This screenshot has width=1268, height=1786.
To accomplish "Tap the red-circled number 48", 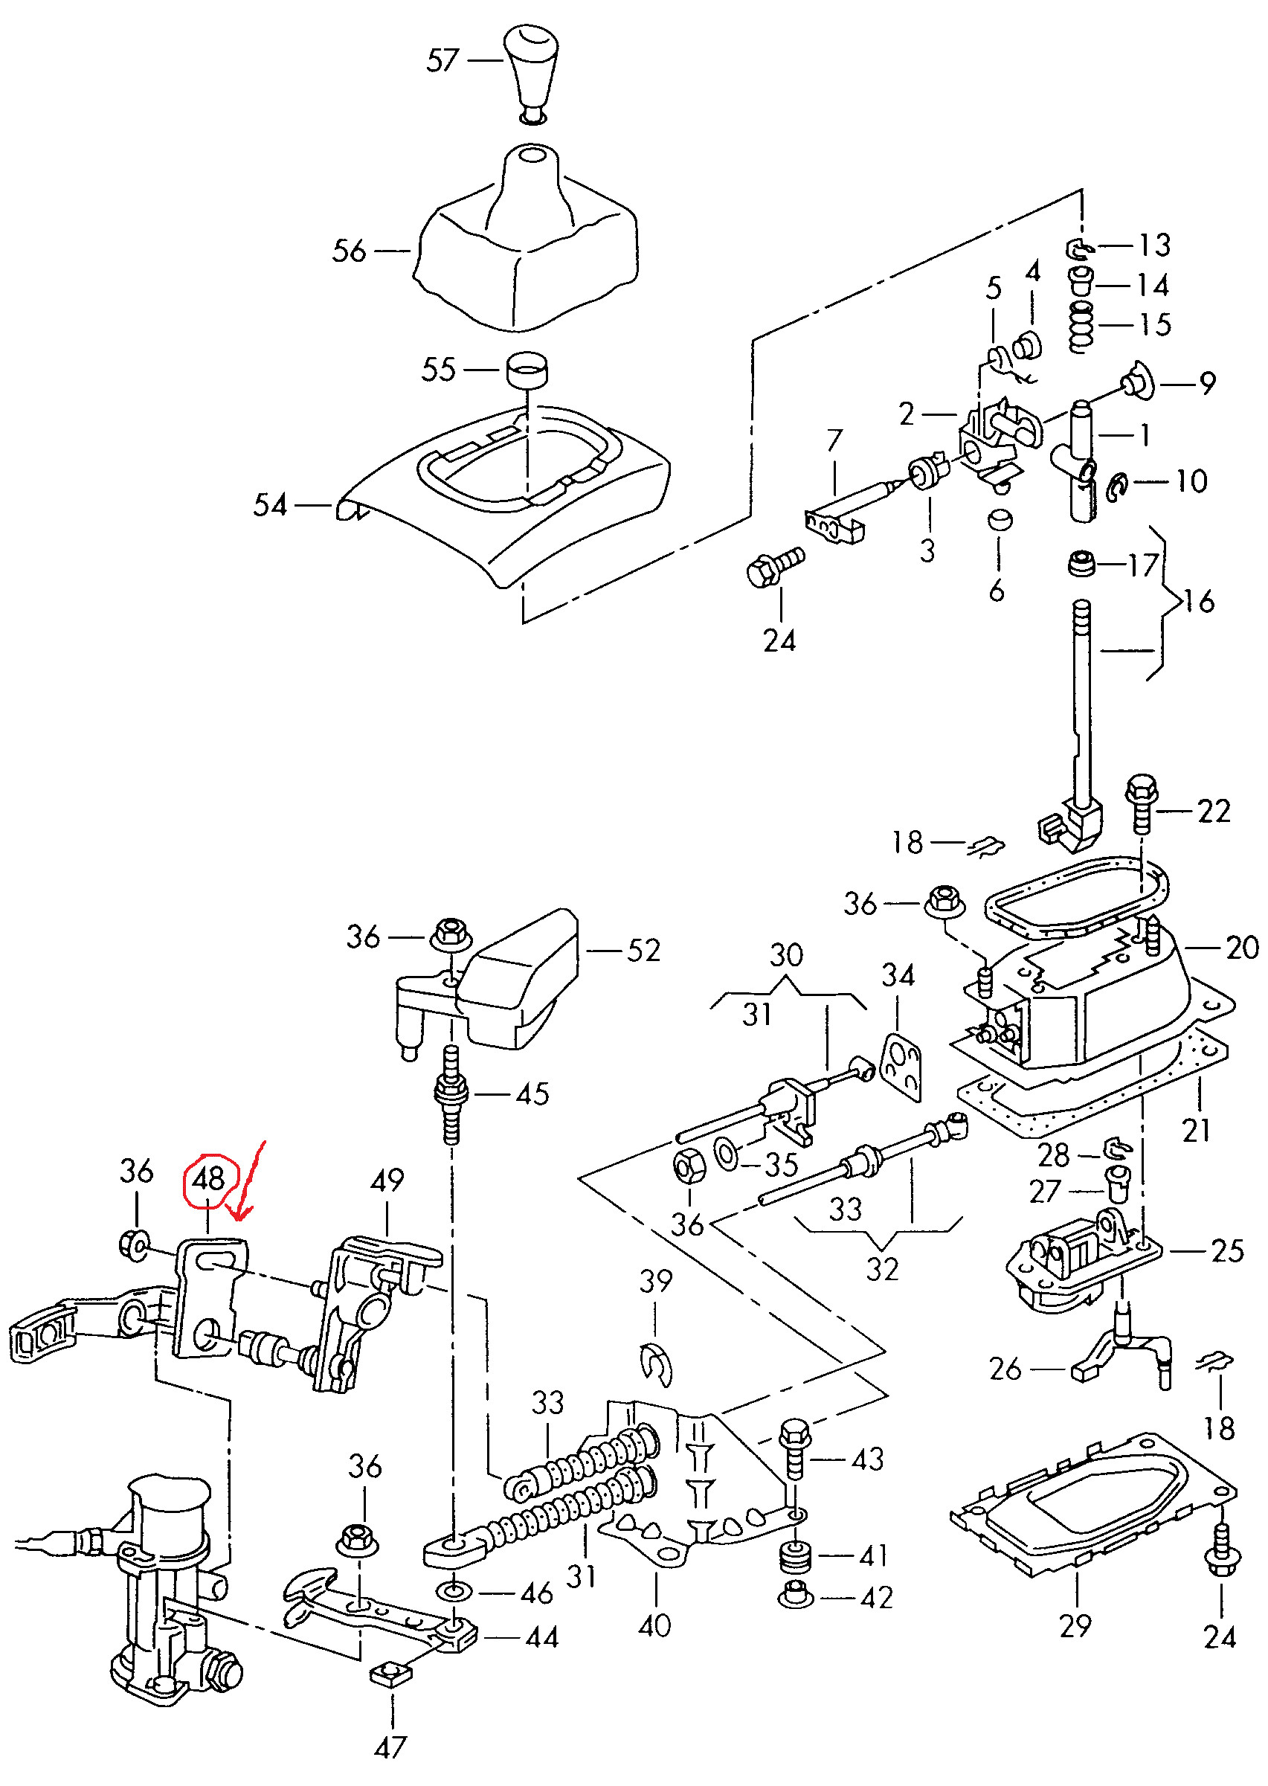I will coord(207,1178).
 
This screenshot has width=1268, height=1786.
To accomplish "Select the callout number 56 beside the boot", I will coord(349,251).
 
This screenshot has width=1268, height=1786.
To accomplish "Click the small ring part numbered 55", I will coord(527,369).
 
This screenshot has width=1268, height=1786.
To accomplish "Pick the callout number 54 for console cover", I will coord(270,505).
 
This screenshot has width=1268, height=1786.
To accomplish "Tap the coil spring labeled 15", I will coord(1081,327).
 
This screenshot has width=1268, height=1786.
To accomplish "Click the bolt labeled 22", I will coord(1141,804).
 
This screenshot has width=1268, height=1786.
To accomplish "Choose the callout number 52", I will coord(643,951).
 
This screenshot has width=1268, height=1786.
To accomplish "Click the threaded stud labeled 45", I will coord(451,1094).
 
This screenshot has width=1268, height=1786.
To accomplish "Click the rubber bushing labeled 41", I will coord(795,1555).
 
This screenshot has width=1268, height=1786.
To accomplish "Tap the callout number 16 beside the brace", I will coord(1199,602).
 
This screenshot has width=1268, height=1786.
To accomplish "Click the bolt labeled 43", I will coord(794,1451).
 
